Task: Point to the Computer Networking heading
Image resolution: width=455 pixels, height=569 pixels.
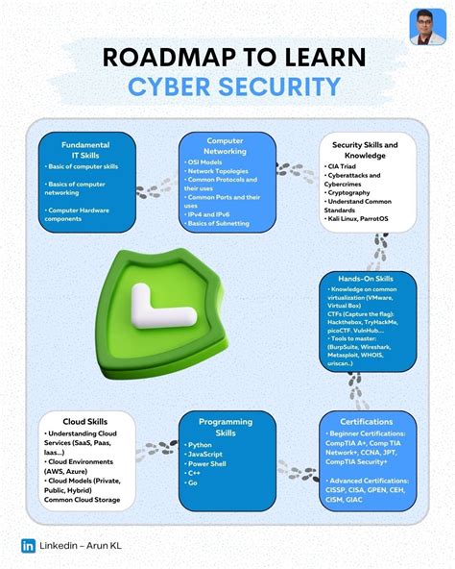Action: (x=225, y=145)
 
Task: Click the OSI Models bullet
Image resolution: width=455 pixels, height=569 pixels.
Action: (x=205, y=162)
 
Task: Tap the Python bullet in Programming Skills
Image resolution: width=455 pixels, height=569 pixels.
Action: (x=203, y=445)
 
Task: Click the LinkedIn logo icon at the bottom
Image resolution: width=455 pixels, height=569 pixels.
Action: (x=27, y=545)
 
